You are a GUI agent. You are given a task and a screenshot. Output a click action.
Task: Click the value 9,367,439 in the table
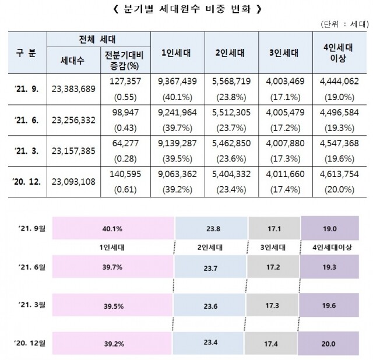point(175,81)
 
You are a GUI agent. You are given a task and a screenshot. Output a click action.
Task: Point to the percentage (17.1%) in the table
point(284,95)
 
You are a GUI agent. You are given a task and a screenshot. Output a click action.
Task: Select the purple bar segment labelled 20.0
point(329,343)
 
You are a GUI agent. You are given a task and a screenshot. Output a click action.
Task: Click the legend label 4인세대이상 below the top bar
point(329,246)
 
